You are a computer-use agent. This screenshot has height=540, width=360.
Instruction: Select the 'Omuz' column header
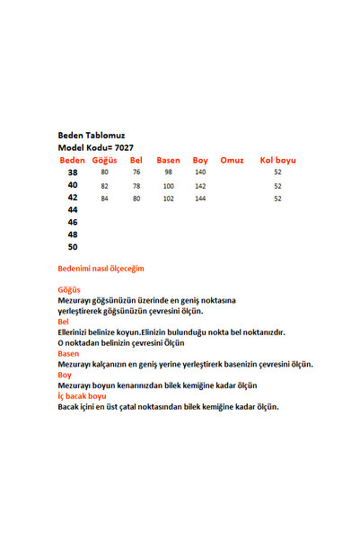(232, 160)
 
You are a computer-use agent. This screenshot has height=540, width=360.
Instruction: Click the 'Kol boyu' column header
(277, 160)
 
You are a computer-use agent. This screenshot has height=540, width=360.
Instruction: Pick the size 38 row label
(73, 172)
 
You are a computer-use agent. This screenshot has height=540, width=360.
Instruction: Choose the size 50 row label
(73, 246)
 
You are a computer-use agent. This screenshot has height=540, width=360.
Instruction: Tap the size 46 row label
(73, 221)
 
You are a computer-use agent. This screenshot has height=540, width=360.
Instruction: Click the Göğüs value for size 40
(104, 186)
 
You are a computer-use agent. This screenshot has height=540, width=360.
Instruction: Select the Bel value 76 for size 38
(136, 172)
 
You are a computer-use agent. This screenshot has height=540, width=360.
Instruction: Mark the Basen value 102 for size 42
(169, 199)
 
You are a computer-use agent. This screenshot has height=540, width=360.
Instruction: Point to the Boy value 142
(200, 186)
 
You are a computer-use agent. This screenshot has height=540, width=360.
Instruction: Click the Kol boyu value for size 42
(277, 199)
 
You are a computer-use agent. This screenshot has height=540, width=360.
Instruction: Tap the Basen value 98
(169, 172)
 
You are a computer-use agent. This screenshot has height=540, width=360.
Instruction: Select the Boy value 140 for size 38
(200, 172)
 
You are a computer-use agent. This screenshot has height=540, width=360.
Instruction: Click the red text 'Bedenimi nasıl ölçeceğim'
(101, 268)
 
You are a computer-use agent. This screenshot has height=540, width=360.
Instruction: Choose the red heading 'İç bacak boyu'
(82, 395)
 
